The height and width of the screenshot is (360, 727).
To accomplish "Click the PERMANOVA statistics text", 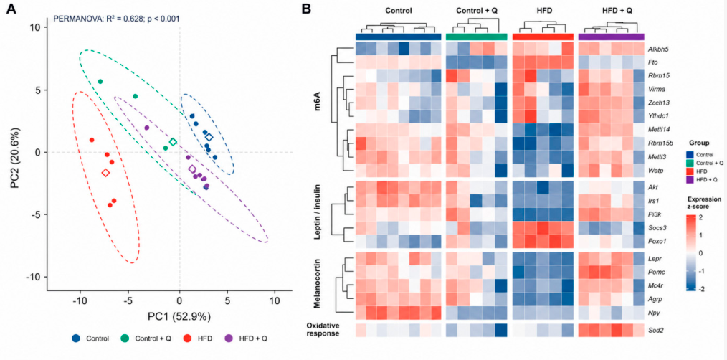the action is (117, 19).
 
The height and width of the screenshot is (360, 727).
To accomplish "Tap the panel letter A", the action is (11, 9).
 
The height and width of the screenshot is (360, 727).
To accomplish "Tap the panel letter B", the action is (306, 9).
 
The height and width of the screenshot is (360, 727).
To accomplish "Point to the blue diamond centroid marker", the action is (209, 137).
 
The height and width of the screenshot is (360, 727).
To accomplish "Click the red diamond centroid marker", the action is (105, 173).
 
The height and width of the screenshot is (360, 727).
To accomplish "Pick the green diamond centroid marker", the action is (173, 141).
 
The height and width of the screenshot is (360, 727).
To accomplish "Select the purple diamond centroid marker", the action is (192, 169).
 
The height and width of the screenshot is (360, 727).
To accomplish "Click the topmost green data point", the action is (100, 82).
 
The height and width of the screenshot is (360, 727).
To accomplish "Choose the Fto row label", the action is (653, 61).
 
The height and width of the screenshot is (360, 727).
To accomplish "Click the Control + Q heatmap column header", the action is (475, 10).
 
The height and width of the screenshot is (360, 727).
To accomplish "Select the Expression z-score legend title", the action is (705, 203).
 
